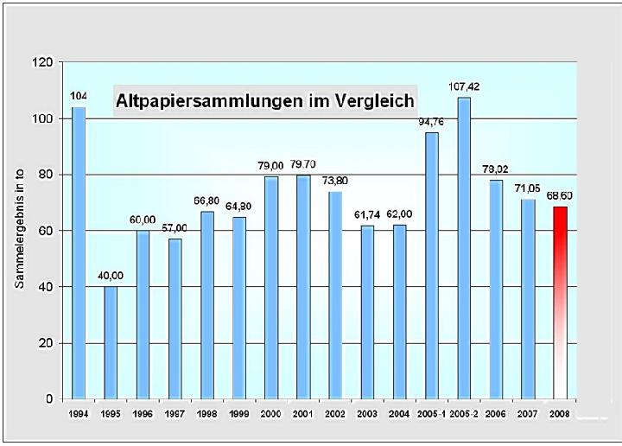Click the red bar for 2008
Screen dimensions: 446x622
coord(560,303)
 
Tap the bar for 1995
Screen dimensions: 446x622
coord(111,342)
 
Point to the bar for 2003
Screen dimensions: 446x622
coord(368,312)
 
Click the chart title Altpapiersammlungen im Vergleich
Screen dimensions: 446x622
coord(265,100)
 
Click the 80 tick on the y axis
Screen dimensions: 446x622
coord(44,175)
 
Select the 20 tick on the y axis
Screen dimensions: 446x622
coord(44,343)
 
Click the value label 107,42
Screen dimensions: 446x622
coord(464,86)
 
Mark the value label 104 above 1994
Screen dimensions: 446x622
coord(79,95)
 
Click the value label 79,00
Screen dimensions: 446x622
coord(271,165)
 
